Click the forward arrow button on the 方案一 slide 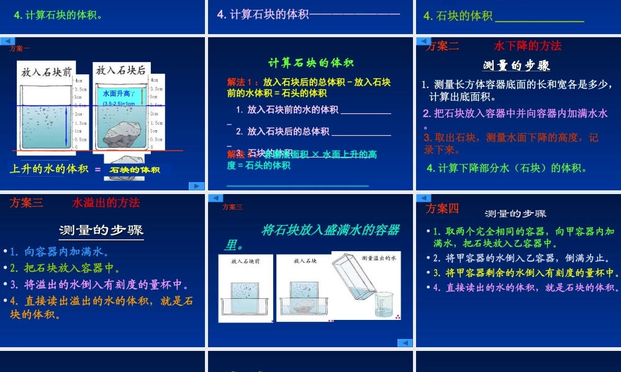[196, 185]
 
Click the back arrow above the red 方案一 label [7, 41]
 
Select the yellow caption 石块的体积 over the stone [135, 170]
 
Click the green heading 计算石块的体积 [310, 62]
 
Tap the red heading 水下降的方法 [527, 46]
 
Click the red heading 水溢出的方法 [106, 203]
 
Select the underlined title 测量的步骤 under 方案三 [101, 231]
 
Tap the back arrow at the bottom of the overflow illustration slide [404, 342]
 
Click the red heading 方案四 [442, 208]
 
